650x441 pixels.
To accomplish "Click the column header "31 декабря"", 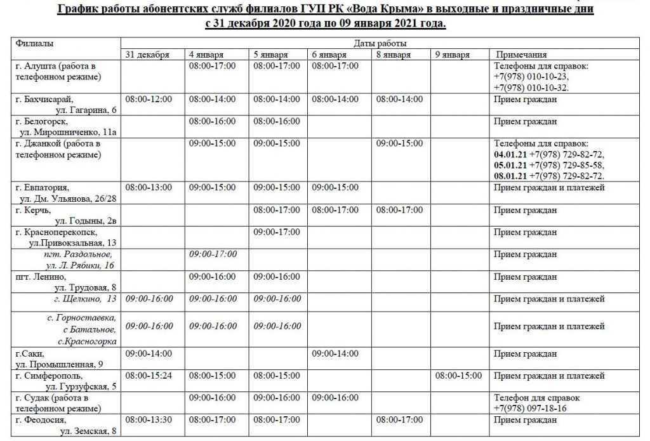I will pyautogui.click(x=147, y=55).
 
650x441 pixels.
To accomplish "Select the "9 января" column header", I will pyautogui.click(x=453, y=55).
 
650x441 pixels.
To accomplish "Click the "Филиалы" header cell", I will pyautogui.click(x=35, y=43).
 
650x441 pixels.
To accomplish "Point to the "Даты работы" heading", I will pyautogui.click(x=380, y=44).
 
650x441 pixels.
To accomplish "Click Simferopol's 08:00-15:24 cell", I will pyautogui.click(x=149, y=376).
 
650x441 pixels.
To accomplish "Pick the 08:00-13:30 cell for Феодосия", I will pyautogui.click(x=149, y=420).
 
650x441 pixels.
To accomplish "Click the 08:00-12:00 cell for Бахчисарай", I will pyautogui.click(x=149, y=100).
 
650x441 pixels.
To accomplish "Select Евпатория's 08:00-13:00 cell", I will pyautogui.click(x=149, y=188).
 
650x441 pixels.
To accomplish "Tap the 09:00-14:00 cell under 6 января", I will pyautogui.click(x=335, y=353).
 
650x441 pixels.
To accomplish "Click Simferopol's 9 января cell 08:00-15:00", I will pyautogui.click(x=458, y=376).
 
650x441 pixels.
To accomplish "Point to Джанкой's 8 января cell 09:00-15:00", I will pyautogui.click(x=399, y=143).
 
